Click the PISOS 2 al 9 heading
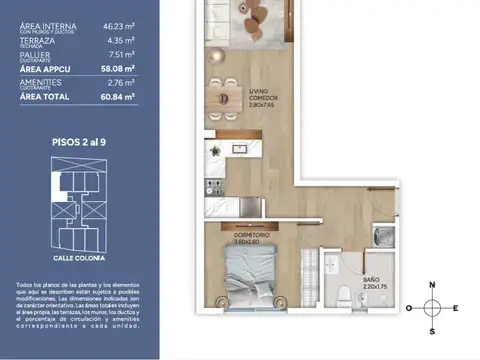tap(79, 143)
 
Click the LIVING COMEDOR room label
tap(265, 96)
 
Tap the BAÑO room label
tap(370, 281)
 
